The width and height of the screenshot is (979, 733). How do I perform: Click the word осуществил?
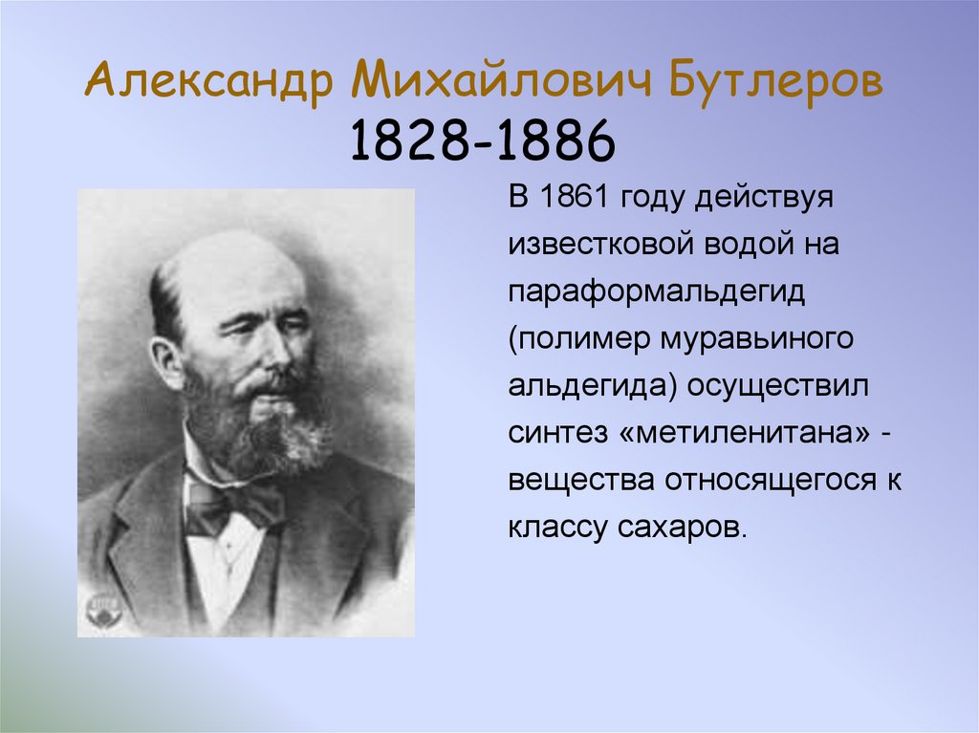pyautogui.click(x=751, y=386)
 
